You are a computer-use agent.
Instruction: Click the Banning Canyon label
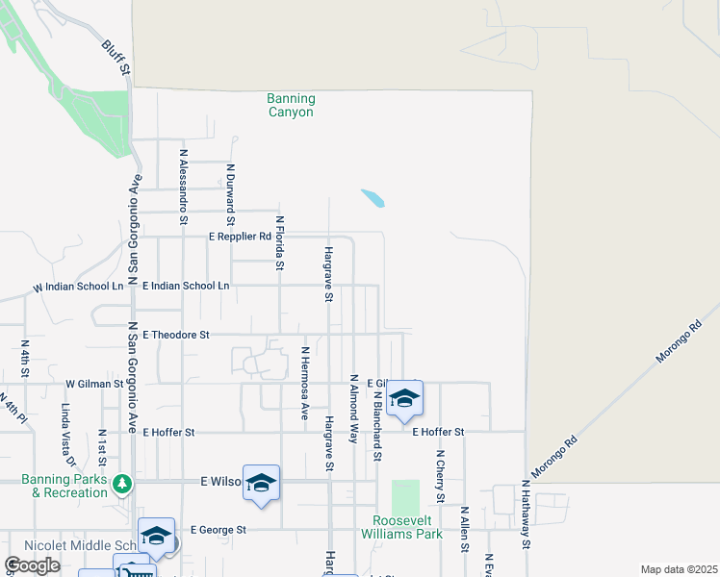point(291,105)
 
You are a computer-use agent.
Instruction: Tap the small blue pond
point(373,198)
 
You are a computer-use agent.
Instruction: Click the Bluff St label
point(116,59)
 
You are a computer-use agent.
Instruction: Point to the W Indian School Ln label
point(79,287)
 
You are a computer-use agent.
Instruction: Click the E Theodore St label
point(176,335)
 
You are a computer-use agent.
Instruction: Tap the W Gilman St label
point(95,383)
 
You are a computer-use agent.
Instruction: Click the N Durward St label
point(231,194)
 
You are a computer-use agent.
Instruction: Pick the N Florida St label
point(280,241)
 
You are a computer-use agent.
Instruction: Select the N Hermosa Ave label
point(304,383)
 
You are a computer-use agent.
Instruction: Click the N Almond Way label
point(353,408)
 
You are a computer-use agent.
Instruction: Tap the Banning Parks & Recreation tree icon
point(121,483)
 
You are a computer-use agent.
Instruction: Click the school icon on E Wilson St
point(261,483)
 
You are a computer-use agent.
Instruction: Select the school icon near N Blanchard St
point(405,398)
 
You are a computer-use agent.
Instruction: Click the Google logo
point(32,565)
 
